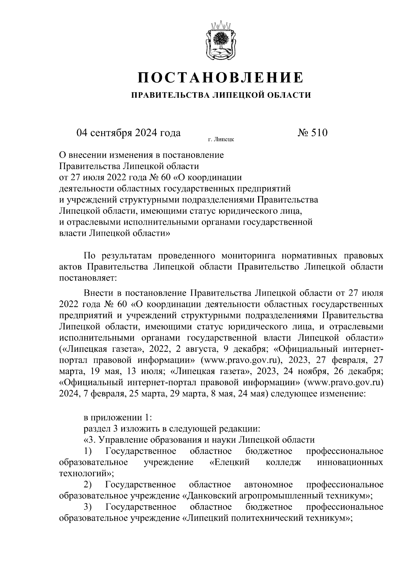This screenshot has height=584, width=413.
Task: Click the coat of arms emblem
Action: [221, 41]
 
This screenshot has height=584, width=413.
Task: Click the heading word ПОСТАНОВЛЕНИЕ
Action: [221, 78]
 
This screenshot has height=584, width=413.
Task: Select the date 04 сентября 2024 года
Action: [129, 133]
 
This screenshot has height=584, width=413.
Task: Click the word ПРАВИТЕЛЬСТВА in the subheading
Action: [170, 95]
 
